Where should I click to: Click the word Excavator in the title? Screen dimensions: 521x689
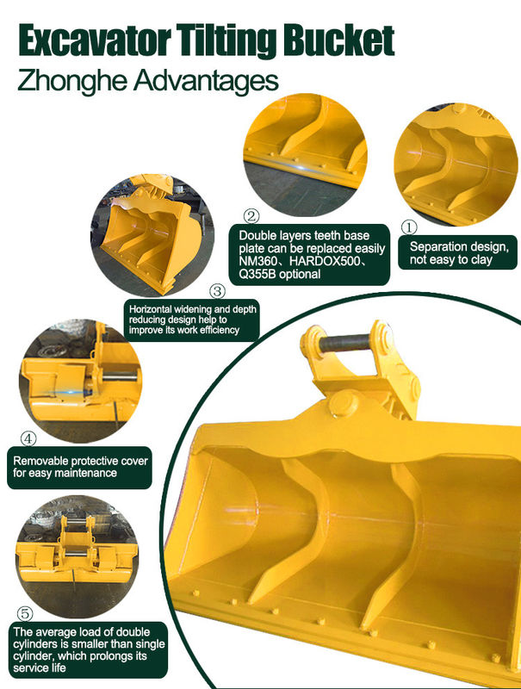point(95,40)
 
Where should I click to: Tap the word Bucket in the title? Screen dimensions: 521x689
point(338,40)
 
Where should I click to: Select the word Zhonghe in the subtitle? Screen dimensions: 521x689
point(72,81)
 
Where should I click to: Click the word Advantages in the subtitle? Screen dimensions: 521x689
point(207,81)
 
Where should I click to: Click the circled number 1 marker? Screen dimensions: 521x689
point(409,227)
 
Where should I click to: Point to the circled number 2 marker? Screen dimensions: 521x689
point(251,216)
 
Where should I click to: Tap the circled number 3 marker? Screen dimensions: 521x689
point(218,291)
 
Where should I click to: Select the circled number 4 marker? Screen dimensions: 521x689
point(28,438)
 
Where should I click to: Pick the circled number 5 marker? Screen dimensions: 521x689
point(25,613)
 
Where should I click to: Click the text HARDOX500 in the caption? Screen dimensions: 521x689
point(324,261)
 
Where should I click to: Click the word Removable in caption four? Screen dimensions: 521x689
point(40,461)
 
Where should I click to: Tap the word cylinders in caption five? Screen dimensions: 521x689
point(33,644)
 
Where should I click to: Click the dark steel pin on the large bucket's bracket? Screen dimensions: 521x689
point(344,343)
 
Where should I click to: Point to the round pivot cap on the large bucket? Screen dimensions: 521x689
point(343,404)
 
